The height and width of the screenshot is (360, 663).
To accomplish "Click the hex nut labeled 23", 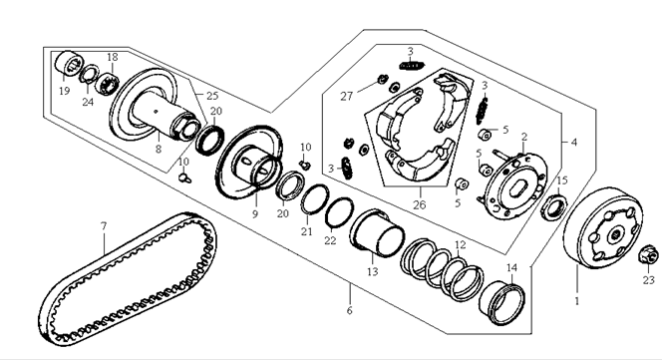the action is point(648,254).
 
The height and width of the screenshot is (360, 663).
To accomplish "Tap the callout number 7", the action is point(104,226).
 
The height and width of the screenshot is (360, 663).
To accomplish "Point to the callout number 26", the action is point(419,204).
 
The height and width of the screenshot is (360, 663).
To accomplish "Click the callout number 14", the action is point(511,267).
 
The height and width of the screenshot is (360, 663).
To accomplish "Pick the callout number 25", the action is point(212,96).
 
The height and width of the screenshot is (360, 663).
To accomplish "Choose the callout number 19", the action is point(64,91).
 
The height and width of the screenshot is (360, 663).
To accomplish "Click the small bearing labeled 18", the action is point(108,82).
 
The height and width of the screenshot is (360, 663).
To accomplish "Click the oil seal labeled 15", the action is point(554,206).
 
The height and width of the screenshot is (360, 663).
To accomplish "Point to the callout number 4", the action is point(574,143).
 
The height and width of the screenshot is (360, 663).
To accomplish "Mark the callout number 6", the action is point(349,310).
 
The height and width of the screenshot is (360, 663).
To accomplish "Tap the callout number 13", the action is point(372,271).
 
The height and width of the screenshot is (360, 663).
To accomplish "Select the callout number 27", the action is point(346,97).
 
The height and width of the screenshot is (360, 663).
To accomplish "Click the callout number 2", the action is point(524,137).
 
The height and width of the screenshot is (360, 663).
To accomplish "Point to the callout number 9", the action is point(255,214).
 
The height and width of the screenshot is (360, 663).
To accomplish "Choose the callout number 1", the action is point(576,301).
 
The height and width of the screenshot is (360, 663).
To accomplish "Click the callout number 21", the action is point(306,231).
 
